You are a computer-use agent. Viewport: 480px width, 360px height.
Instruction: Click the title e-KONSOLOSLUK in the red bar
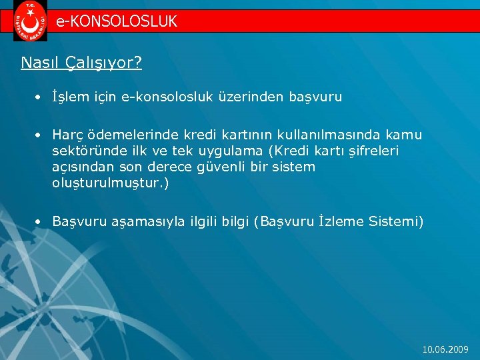point(117,21)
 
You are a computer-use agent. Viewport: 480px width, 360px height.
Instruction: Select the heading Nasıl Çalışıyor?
point(81,63)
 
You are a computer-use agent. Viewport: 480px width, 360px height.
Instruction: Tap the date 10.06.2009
point(446,349)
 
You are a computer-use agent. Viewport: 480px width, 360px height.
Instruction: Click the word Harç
point(67,135)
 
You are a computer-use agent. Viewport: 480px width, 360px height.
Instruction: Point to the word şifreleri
point(369,151)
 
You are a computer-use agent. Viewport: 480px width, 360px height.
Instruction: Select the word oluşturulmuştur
point(108,183)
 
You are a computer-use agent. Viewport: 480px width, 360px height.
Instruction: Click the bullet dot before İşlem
point(39,98)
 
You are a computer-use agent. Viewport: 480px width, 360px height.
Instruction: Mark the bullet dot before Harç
point(39,136)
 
